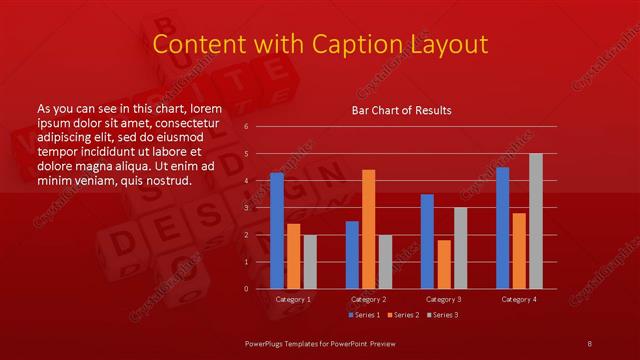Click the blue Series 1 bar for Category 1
point(277,231)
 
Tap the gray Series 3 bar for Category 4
point(536,221)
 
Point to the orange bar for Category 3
point(444,264)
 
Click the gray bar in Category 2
point(385,262)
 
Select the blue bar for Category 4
point(502,228)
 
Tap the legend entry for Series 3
point(440,315)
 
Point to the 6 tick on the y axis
point(246,128)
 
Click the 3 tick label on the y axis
point(246,208)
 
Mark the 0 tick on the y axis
point(246,289)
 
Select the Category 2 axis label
point(368,299)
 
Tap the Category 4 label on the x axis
point(518,299)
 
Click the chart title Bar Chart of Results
point(401,110)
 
